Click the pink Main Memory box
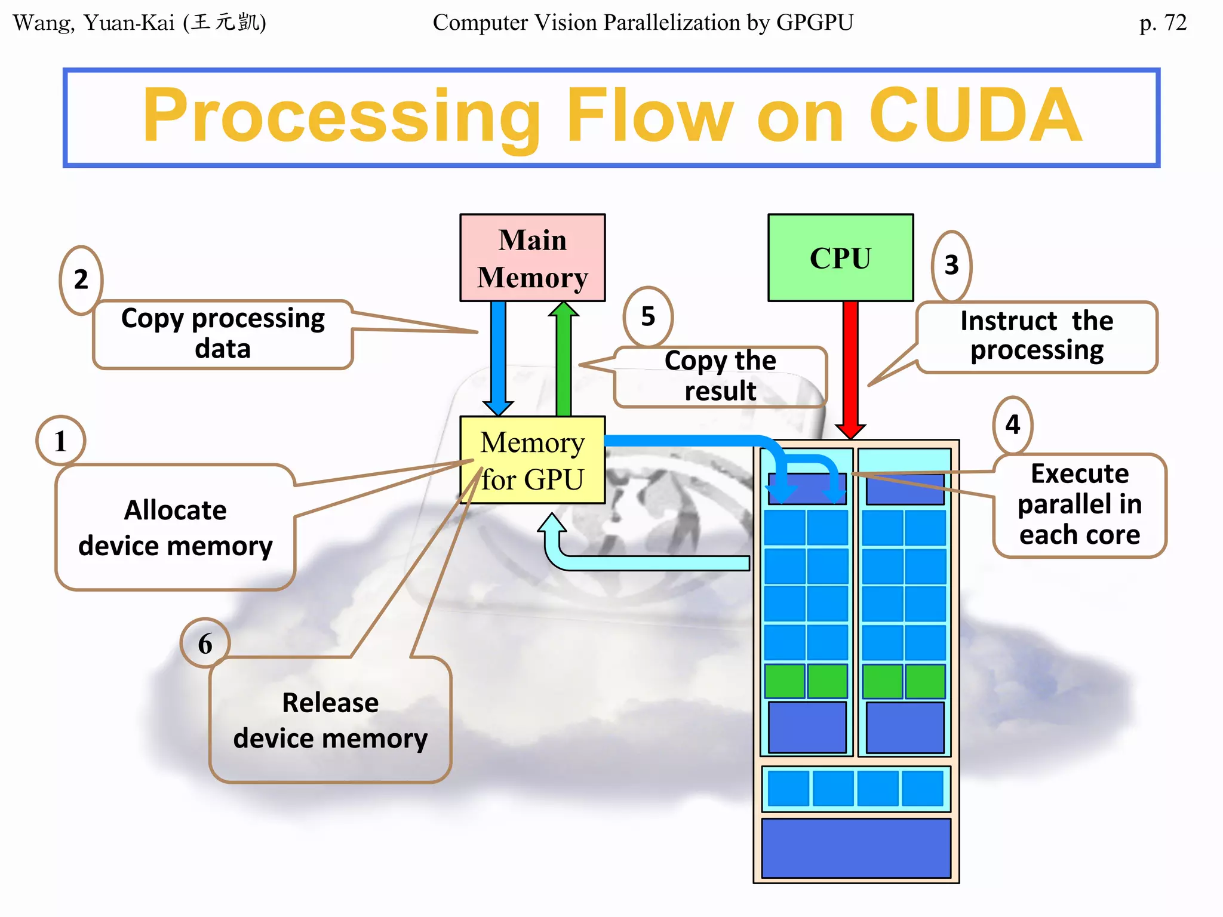coord(532,258)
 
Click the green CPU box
coord(840,258)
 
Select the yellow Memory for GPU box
coord(532,460)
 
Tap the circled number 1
coord(60,441)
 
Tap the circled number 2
coord(81,279)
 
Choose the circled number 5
coord(648,316)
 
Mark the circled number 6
coord(205,644)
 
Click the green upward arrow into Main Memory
coord(563,358)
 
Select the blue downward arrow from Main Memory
coord(498,358)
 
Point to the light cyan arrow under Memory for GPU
coord(645,562)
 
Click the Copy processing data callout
coord(223,334)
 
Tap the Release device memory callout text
coord(330,720)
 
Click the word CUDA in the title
coord(975,116)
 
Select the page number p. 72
coord(1162,23)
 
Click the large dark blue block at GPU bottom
coord(856,848)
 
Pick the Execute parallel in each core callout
coord(1079,504)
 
